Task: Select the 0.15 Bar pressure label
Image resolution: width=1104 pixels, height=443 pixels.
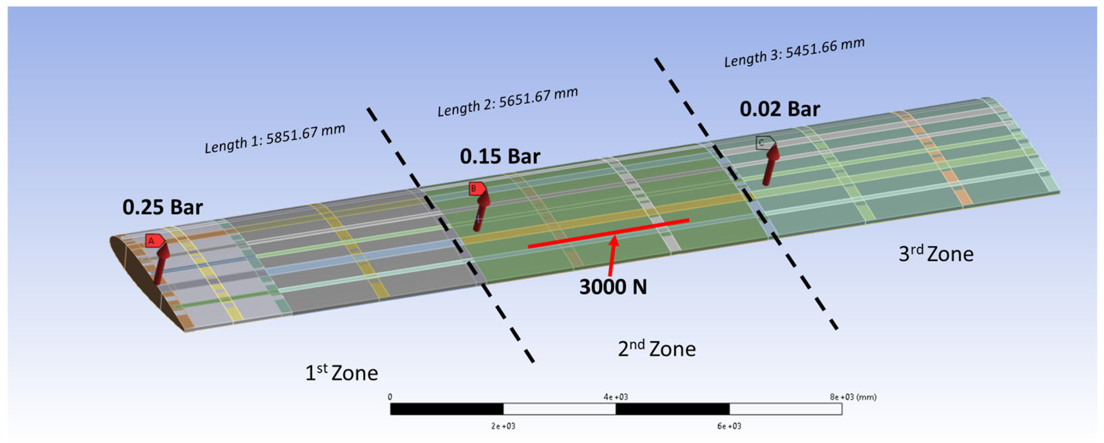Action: [500, 156]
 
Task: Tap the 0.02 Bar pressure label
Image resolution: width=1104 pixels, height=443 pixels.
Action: [780, 109]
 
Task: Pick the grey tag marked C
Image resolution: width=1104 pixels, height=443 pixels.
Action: [764, 143]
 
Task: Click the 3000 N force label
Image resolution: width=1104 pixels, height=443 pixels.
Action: [613, 286]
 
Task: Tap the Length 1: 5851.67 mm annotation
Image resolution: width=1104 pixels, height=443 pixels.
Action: [275, 138]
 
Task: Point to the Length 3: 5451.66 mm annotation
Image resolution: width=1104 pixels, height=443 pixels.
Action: [794, 52]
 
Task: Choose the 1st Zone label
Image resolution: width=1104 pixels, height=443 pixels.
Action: [341, 372]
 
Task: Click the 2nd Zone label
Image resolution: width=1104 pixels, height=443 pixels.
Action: [657, 348]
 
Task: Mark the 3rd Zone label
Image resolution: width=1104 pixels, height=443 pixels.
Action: [936, 254]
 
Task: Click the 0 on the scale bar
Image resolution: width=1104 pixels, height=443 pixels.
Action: [389, 397]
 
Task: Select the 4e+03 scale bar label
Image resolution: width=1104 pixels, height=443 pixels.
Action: [616, 397]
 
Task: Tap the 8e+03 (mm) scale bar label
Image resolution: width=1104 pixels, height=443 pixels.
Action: [853, 397]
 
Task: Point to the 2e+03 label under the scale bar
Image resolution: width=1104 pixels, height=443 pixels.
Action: [503, 426]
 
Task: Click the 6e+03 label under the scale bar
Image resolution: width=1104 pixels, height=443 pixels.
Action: [729, 426]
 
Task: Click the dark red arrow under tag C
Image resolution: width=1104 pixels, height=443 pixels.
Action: [770, 165]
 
